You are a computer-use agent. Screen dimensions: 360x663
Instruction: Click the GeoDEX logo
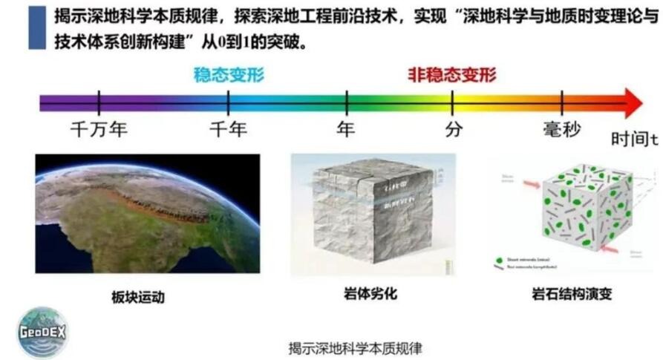(42, 332)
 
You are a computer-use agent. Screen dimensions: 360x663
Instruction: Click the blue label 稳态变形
(229, 74)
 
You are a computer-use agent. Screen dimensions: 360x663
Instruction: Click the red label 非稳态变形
(451, 74)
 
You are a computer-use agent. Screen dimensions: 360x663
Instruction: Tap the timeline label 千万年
(99, 129)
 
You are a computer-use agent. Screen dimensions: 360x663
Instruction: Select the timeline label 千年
(228, 129)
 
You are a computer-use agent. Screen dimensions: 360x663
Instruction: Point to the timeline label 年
(345, 129)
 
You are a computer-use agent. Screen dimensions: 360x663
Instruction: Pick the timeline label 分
(454, 129)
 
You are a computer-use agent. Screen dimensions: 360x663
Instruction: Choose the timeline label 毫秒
(561, 129)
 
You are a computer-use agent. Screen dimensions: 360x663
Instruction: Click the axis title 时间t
(636, 139)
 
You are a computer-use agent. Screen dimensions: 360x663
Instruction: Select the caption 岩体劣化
(371, 294)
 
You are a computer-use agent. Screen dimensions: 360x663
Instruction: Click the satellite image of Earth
(147, 213)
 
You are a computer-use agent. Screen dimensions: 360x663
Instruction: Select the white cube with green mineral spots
(587, 209)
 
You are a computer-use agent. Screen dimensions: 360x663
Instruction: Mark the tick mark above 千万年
(99, 102)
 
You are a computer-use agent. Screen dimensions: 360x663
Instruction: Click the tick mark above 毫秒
(562, 102)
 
